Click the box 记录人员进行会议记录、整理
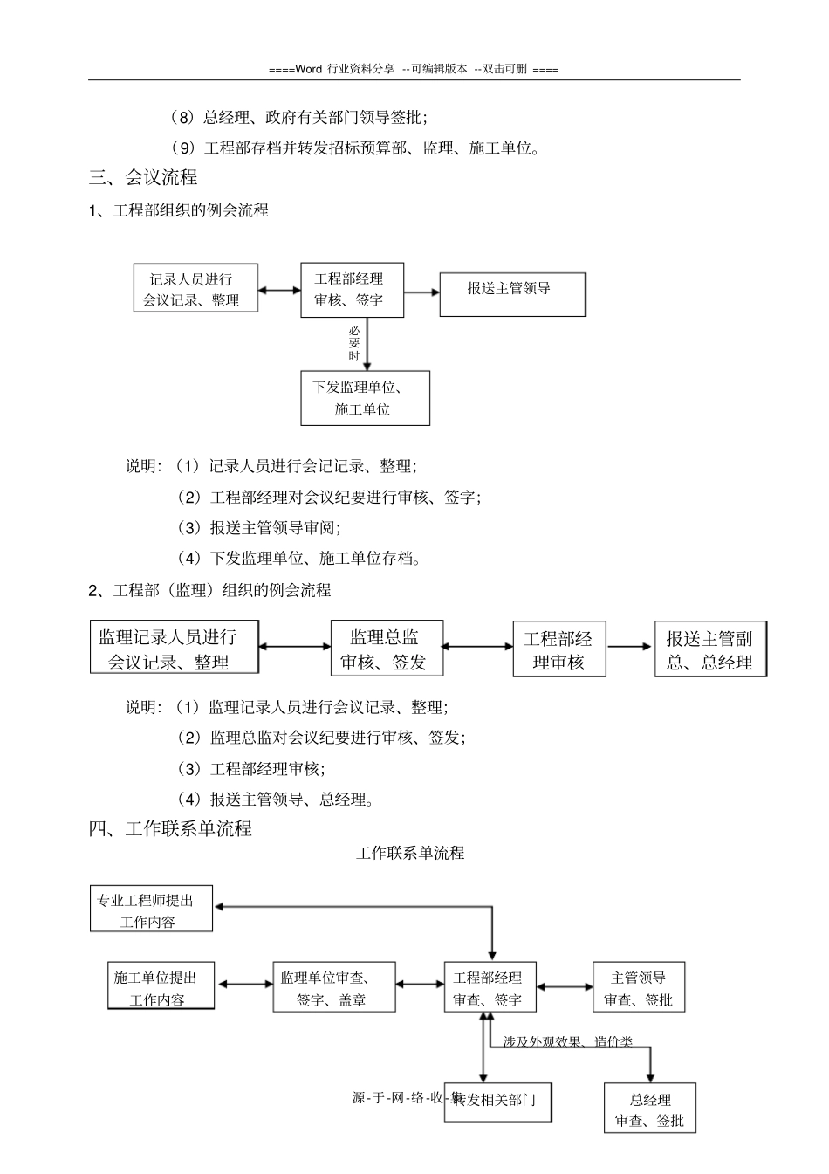click(x=195, y=289)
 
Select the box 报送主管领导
click(x=512, y=294)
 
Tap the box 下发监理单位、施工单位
click(x=365, y=398)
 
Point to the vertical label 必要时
click(x=354, y=343)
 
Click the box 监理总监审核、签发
click(x=387, y=648)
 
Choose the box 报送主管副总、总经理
click(x=709, y=649)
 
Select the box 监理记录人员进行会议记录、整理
click(x=175, y=648)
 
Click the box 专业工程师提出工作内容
click(x=152, y=910)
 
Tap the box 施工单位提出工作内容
click(x=161, y=987)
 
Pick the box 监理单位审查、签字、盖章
click(x=334, y=987)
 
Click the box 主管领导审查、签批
click(x=639, y=987)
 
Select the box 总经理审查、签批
click(x=649, y=1109)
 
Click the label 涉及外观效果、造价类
click(x=567, y=1041)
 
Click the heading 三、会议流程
click(x=144, y=177)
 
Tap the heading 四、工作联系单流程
click(x=171, y=828)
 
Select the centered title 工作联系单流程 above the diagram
click(x=410, y=853)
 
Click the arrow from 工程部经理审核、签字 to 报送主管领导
click(x=422, y=292)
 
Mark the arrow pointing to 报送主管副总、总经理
click(x=629, y=647)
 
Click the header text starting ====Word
click(x=414, y=69)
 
